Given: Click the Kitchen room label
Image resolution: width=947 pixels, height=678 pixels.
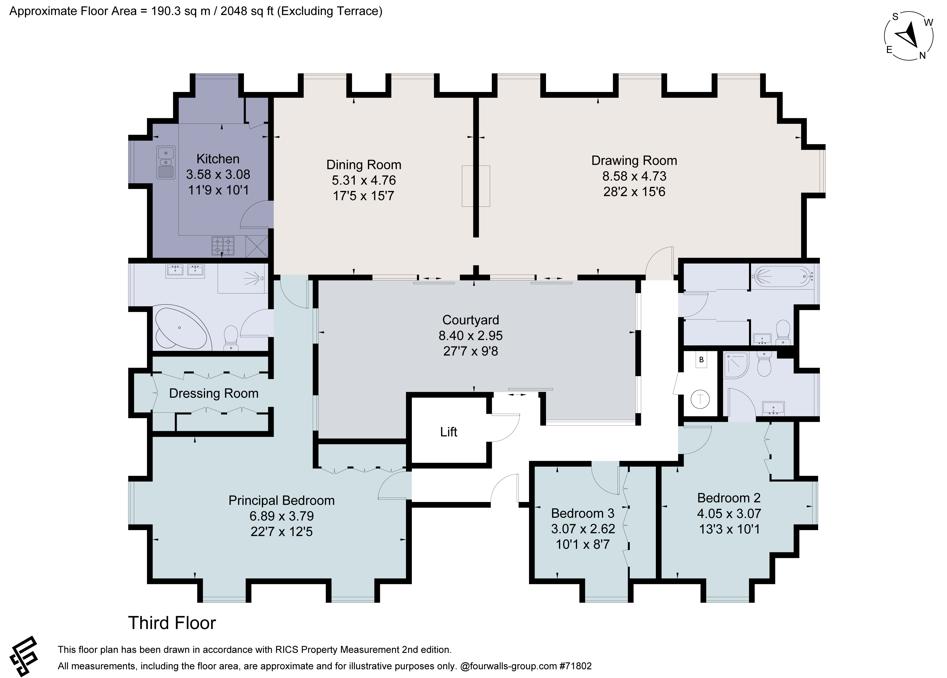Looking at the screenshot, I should [218, 159].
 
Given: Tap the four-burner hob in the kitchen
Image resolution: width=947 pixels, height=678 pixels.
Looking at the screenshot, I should [223, 246].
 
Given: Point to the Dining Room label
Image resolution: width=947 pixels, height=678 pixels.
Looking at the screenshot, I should [364, 165].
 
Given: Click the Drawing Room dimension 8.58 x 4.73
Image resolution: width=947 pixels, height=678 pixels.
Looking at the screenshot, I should [634, 176].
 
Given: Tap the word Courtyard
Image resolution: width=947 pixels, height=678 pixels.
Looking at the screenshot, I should [471, 320].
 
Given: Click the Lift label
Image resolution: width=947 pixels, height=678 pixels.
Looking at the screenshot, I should [448, 432].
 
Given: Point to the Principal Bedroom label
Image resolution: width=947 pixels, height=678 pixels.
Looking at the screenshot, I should [281, 501].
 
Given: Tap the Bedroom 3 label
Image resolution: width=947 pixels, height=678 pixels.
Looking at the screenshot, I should [583, 513].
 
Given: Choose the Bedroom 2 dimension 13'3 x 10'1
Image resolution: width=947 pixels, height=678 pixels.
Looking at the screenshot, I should [729, 530].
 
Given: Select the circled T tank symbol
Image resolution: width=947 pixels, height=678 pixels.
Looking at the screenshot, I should [700, 399].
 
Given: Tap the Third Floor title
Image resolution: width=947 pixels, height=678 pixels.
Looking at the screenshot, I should [172, 623].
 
